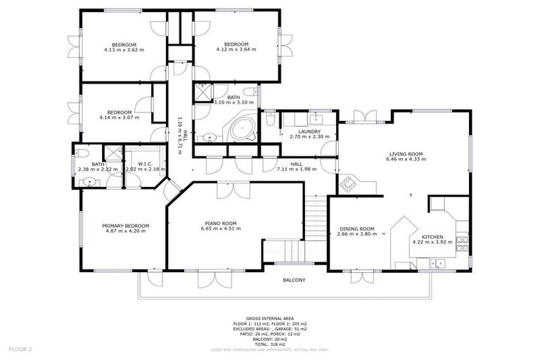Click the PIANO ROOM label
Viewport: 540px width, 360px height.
pos(218,224)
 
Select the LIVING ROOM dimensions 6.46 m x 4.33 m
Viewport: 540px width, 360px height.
pos(406,160)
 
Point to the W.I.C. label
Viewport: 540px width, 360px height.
pos(145,164)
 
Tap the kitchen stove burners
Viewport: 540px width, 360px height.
pos(462,243)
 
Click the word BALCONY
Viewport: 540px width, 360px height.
pos(294,280)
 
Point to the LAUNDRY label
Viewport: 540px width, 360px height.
pos(309,131)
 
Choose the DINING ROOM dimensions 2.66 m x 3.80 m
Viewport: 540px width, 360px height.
pos(356,233)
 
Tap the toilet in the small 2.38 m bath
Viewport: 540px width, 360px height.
pos(82,153)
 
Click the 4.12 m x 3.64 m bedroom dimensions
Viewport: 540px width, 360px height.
pos(236,49)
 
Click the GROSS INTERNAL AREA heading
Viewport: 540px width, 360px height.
pos(270,318)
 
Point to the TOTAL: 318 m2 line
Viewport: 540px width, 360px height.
pos(270,344)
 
